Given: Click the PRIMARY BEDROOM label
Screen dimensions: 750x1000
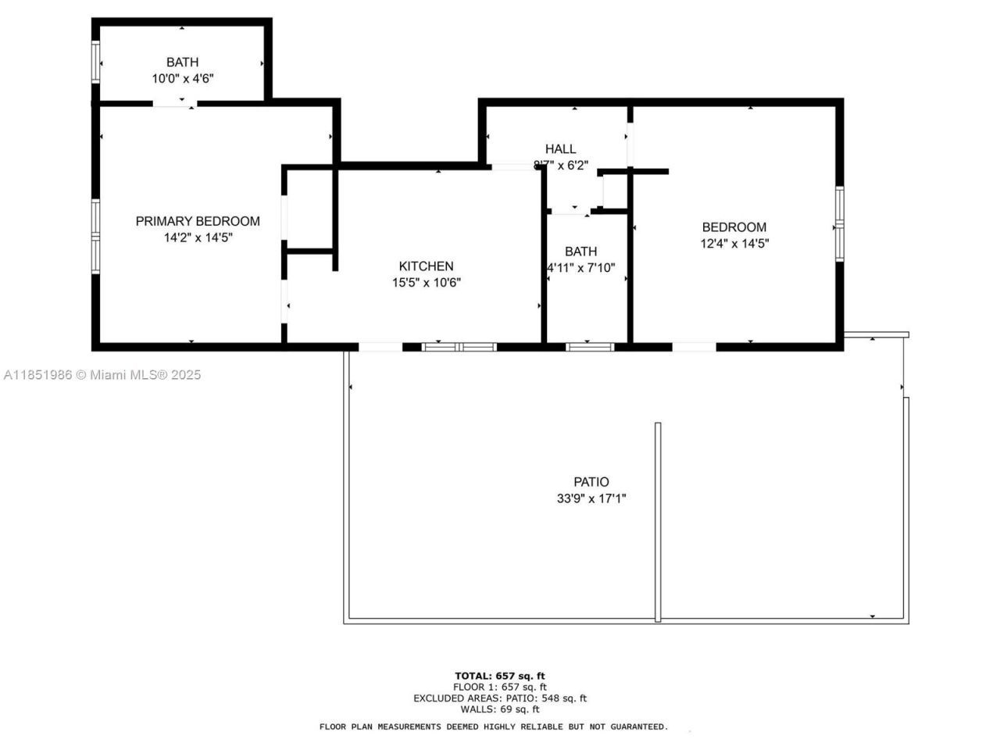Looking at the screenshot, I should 198,221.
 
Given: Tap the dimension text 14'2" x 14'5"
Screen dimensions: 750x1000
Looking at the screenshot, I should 198,238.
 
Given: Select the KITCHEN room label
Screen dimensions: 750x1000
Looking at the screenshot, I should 426,266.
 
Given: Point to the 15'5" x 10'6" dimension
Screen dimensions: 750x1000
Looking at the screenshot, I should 426,283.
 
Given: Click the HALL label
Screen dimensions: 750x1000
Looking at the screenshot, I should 560,149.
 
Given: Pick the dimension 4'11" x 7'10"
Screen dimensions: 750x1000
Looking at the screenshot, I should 580,268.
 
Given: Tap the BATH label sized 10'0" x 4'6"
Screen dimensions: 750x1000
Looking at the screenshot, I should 182,62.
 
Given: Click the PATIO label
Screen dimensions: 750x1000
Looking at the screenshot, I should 591,482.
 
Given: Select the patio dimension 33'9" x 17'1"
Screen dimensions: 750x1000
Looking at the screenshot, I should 591,498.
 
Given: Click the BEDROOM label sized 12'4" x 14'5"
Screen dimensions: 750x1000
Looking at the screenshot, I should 734,227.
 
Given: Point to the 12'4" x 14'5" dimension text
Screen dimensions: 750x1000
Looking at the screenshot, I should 734,244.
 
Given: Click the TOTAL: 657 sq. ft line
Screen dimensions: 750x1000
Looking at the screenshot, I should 500,676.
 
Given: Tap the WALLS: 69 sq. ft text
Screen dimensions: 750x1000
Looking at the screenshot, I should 500,709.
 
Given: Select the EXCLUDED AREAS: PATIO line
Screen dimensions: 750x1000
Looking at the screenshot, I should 500,698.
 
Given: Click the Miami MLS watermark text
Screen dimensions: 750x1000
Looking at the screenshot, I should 102,375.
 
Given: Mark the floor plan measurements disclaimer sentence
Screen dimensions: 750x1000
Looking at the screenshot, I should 494,727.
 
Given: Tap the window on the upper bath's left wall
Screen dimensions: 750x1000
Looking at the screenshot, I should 96,62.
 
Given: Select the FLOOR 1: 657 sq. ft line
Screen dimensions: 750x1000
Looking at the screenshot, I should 500,687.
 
